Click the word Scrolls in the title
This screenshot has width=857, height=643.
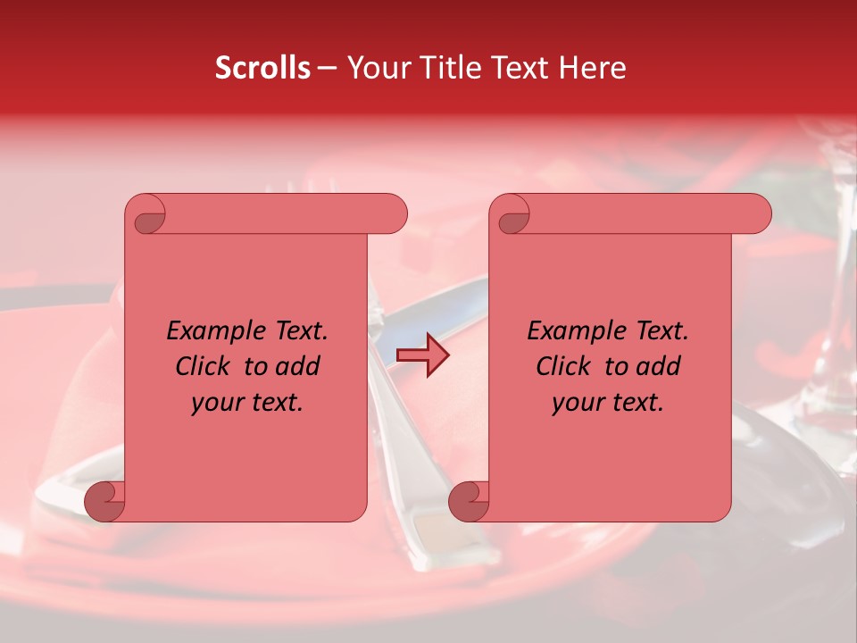click(263, 68)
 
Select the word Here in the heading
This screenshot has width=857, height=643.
click(593, 68)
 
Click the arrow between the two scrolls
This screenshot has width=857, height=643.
click(422, 355)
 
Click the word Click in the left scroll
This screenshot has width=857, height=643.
click(202, 366)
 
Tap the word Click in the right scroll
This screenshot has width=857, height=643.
click(562, 366)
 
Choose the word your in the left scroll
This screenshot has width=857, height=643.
click(217, 403)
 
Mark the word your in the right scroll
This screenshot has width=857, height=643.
click(578, 403)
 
